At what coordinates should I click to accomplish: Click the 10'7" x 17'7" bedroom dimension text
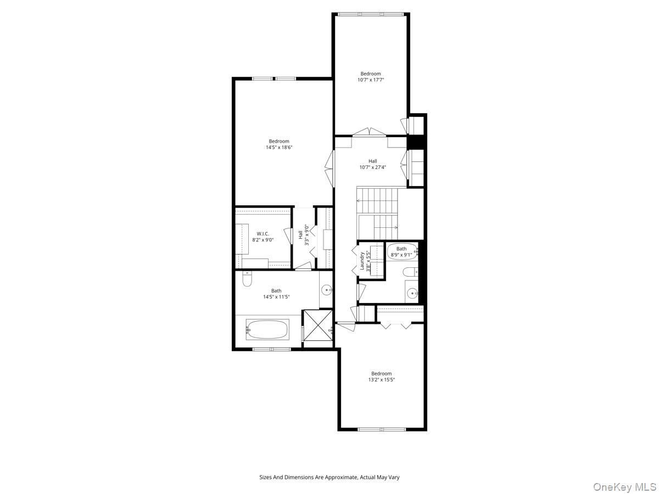371,80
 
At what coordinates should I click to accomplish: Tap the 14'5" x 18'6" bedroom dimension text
279,147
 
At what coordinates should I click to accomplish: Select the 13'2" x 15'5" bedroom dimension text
381,380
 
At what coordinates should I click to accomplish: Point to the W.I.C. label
263,234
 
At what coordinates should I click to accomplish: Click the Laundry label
362,261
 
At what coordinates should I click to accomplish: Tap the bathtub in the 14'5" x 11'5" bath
267,329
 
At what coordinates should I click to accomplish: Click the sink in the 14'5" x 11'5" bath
326,290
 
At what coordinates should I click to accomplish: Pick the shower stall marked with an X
318,325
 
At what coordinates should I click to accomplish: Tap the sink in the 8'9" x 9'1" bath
412,292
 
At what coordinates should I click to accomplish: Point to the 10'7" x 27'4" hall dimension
372,167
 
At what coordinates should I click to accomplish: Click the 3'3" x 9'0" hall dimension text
306,235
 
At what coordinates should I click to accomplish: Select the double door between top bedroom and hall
370,132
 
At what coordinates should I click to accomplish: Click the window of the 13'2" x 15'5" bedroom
382,429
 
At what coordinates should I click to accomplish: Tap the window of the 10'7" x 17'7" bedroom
371,14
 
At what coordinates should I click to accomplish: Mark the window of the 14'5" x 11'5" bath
271,349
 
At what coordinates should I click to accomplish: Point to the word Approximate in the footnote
342,477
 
